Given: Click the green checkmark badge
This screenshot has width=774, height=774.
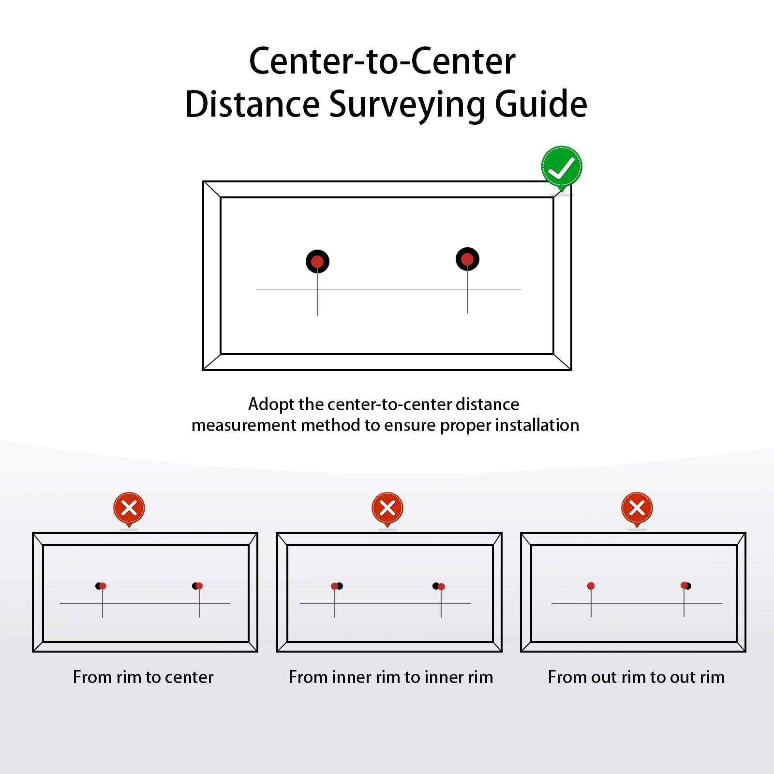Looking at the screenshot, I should (561, 167).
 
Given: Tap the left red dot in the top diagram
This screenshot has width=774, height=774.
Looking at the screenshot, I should (317, 262).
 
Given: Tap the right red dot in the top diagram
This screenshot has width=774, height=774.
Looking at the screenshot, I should (467, 259).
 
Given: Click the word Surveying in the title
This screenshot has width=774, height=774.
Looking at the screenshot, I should (407, 105).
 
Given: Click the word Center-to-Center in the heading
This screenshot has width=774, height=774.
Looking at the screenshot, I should (382, 61).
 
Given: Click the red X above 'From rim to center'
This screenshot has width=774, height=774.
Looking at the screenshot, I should (129, 508).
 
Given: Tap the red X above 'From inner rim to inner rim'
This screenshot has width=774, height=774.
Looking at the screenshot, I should (387, 508).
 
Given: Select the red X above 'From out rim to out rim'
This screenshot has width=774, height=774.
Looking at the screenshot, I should (637, 508).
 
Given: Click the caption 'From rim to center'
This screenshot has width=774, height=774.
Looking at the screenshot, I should (143, 677).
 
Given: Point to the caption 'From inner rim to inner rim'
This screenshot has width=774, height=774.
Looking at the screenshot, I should (391, 677).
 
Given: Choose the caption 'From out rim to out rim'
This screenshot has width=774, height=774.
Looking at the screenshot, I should (636, 677).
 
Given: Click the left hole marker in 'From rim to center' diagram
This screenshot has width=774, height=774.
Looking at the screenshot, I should (101, 586).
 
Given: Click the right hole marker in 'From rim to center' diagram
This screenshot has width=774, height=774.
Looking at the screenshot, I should (197, 586).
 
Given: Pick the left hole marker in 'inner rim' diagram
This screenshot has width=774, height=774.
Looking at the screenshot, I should (337, 586).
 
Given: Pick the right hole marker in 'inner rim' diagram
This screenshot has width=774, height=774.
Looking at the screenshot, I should (439, 586).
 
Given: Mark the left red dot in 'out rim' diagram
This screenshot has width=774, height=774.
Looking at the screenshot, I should (591, 586).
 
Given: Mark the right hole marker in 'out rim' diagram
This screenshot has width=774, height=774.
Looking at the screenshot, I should (686, 586).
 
